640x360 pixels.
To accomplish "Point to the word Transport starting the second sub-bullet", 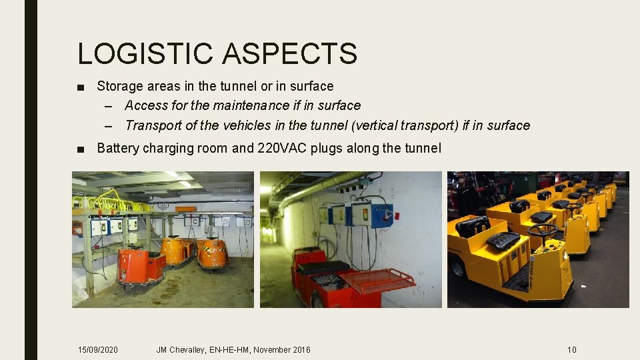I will point(152,125).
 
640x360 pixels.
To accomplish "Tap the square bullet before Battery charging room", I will point(81,149).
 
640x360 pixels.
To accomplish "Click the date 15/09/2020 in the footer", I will point(98,350).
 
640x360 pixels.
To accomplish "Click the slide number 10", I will point(571,350).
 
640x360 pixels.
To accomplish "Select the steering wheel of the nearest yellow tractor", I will point(542,230).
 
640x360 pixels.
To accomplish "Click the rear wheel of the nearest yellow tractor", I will point(458,267).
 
